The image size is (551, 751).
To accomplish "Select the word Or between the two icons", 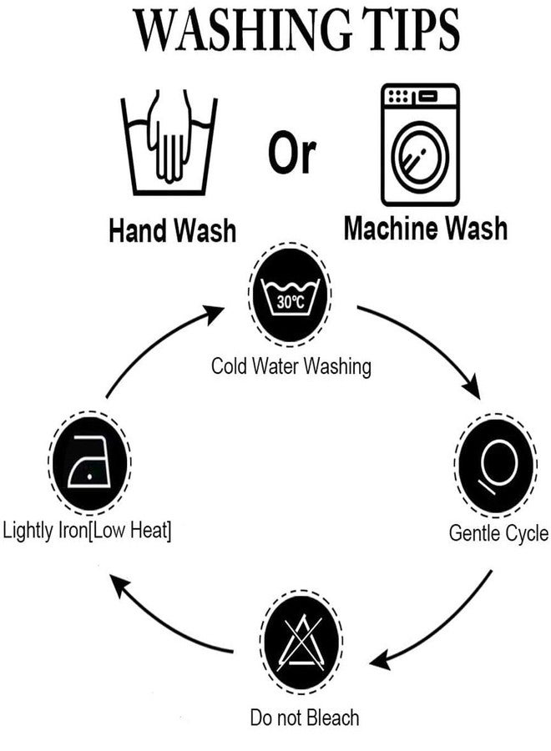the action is [x=292, y=152].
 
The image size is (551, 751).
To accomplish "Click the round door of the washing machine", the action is [x=420, y=155].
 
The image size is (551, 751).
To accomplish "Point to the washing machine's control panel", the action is [x=420, y=96].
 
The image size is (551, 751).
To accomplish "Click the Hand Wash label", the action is [x=173, y=230].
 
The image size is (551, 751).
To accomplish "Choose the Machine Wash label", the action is [x=426, y=228].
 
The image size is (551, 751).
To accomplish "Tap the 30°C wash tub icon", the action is [x=291, y=294].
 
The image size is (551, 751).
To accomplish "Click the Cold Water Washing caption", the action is [x=291, y=366].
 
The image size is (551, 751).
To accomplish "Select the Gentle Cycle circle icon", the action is [x=495, y=465].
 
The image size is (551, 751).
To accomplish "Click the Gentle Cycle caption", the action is [x=498, y=533].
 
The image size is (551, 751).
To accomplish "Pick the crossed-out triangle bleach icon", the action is [x=301, y=642].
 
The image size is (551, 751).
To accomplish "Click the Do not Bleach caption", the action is [x=305, y=718].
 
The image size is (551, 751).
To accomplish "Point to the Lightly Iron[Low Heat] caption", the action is [x=87, y=531].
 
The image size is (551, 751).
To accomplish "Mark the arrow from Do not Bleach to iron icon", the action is [x=158, y=622].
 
